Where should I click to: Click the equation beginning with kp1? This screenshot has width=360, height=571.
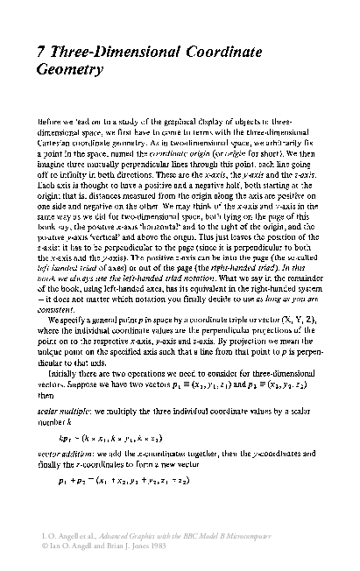click(x=130, y=413)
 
